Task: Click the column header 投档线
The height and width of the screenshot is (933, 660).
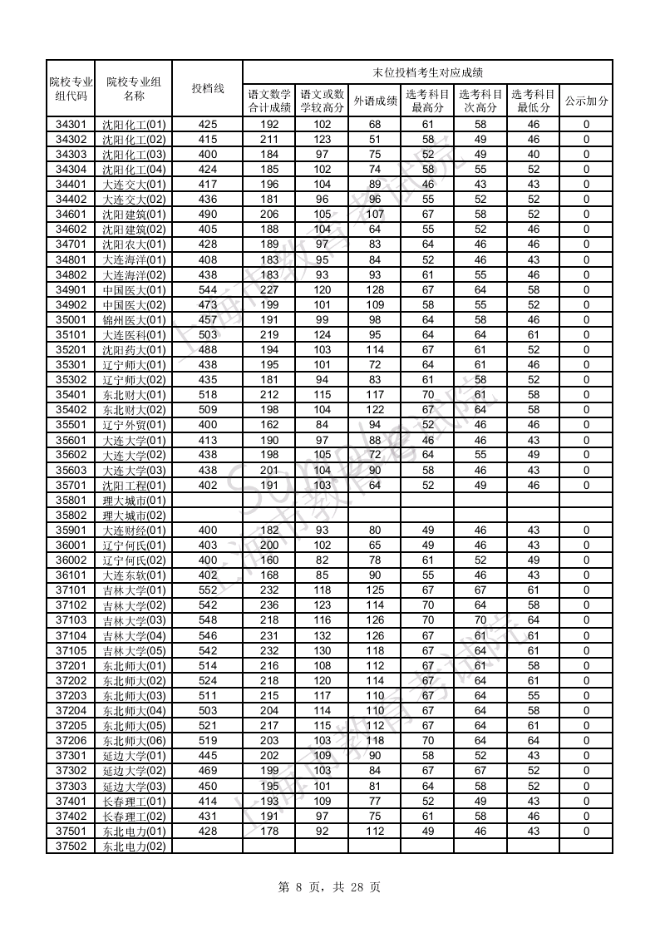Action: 207,88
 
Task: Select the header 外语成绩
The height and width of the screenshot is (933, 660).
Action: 374,101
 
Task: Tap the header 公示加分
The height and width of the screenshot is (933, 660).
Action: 586,101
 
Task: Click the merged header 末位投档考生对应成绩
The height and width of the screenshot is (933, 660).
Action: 427,72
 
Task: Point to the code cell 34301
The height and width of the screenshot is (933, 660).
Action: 71,125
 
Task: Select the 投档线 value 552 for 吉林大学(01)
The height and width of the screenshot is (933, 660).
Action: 207,590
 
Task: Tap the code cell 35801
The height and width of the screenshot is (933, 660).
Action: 71,501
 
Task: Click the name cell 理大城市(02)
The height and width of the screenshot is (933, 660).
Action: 134,516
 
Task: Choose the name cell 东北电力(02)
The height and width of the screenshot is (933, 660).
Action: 134,846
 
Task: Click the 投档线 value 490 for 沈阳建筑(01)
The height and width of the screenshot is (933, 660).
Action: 207,215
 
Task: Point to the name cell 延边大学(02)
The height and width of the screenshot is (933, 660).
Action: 134,771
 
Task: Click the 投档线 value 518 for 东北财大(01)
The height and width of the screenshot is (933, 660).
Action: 207,395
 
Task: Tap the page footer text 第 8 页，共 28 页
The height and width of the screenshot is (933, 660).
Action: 330,887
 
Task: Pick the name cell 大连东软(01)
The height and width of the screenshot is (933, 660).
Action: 134,575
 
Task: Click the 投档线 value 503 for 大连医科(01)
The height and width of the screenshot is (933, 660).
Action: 207,335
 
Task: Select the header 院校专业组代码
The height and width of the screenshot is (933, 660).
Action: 71,88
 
